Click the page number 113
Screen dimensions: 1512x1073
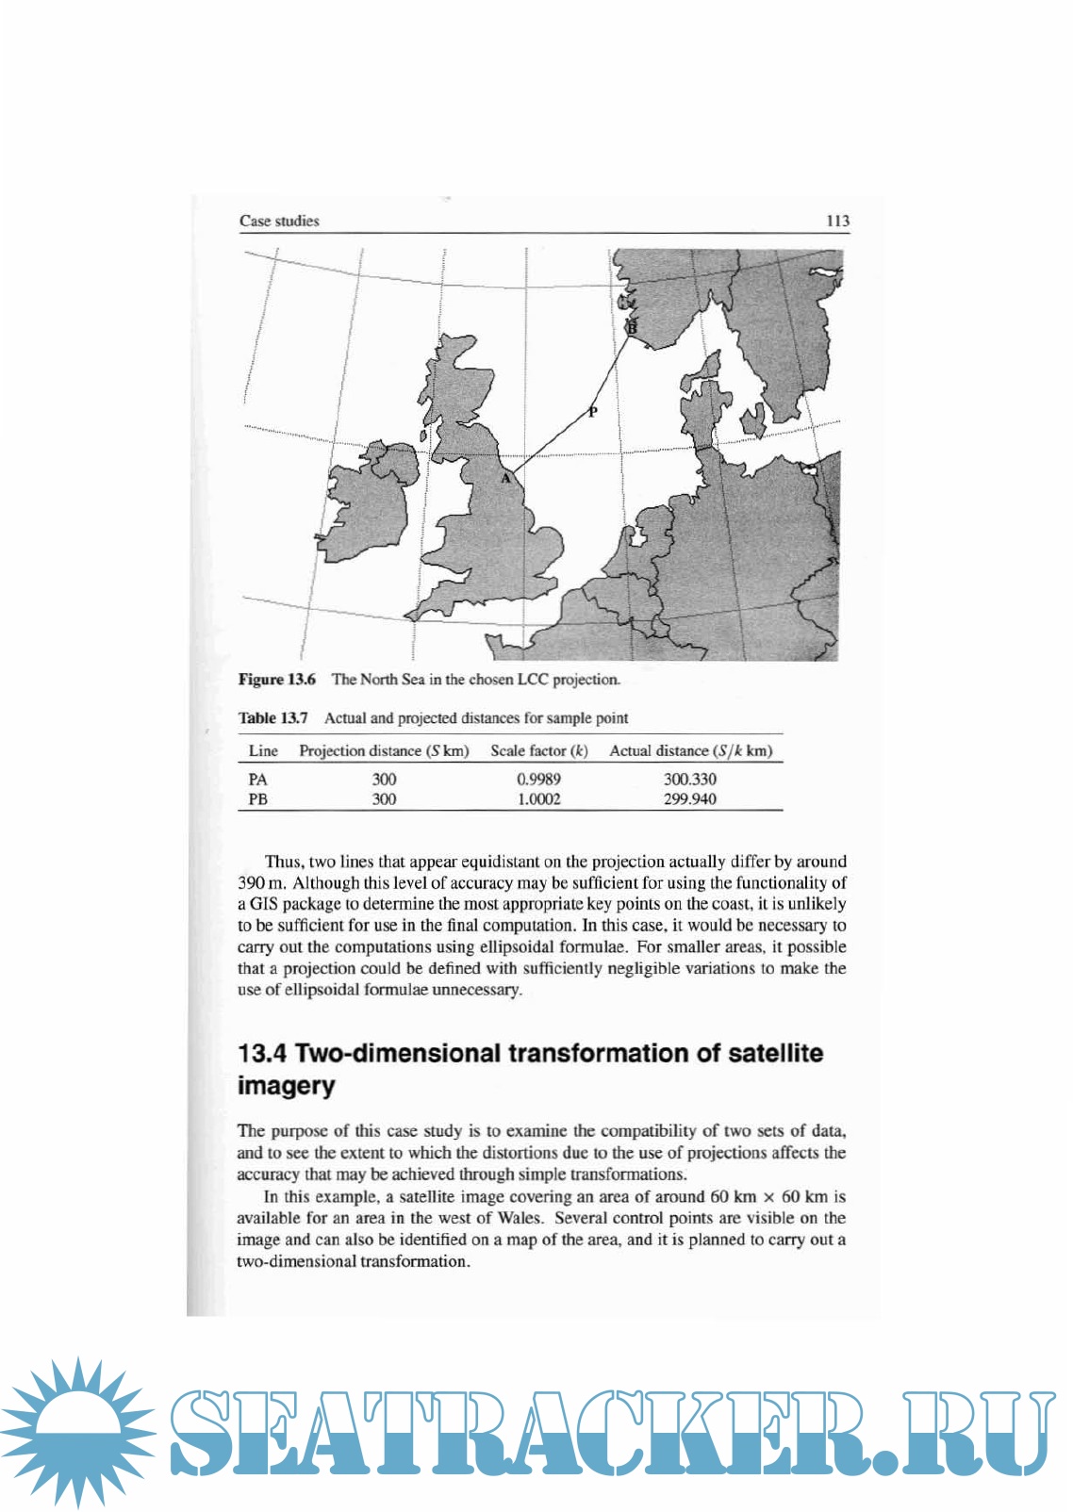[837, 222]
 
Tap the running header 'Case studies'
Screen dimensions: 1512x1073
[279, 222]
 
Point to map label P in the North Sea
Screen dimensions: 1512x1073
[593, 412]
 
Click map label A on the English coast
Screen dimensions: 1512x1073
[506, 479]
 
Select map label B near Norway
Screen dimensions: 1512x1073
[633, 327]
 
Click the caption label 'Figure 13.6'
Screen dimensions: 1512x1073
[276, 680]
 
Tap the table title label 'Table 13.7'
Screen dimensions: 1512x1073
[272, 718]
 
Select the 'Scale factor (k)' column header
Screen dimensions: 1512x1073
[538, 751]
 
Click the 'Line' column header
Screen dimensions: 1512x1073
[263, 751]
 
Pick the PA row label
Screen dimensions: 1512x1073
[257, 780]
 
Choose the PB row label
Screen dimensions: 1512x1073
[257, 799]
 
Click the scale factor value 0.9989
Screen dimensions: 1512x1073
[538, 780]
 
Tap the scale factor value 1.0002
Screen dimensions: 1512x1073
[538, 799]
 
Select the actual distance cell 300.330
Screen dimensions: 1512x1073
[689, 780]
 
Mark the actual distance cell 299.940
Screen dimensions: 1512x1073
[689, 799]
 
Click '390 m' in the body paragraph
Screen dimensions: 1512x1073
[260, 883]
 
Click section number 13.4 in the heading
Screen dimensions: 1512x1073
[263, 1054]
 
